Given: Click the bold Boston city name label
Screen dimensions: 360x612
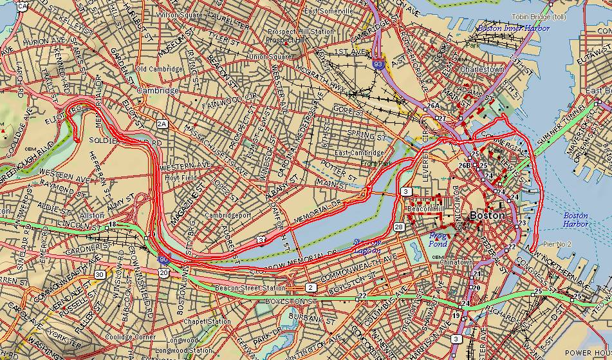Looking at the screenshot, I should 487,216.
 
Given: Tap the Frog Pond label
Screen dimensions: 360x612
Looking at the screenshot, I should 438,240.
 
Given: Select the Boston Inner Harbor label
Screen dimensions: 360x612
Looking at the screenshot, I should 513,28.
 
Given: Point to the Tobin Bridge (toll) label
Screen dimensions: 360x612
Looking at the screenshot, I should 538,17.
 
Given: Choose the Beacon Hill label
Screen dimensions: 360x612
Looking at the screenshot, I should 423,209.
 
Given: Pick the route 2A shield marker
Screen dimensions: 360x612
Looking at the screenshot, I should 162,123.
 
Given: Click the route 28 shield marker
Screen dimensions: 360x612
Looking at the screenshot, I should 399,227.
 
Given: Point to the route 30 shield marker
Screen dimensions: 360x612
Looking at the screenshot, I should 100,274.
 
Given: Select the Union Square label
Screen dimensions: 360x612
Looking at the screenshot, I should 266,57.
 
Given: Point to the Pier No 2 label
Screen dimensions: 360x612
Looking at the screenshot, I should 539,245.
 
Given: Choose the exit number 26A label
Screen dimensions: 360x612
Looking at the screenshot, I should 432,106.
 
